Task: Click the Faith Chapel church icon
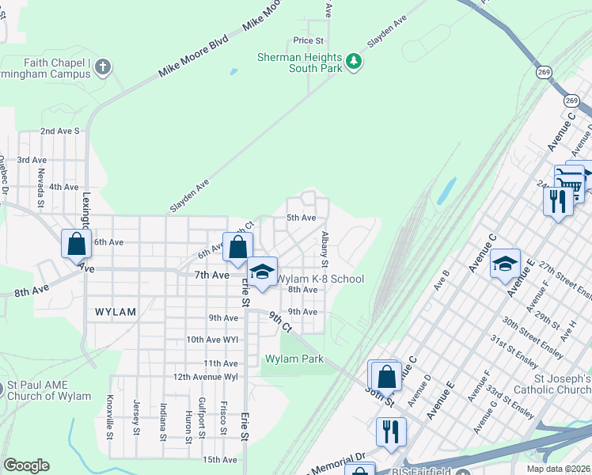[x=102, y=67]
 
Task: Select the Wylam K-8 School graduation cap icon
[x=263, y=273]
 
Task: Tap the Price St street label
[x=309, y=40]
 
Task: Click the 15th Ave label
[x=220, y=459]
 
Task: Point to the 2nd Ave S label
[x=60, y=131]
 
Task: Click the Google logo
[x=26, y=465]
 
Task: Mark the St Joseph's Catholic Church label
[x=552, y=383]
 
